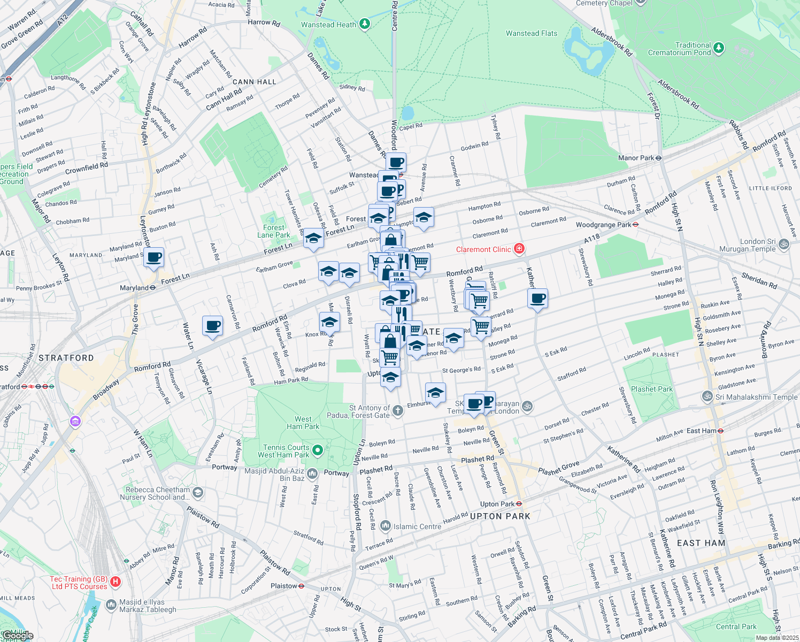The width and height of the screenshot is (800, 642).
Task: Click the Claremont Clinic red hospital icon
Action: (519, 249)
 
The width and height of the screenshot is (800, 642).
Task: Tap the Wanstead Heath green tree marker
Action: (365, 24)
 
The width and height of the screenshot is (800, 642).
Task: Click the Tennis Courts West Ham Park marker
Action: (318, 450)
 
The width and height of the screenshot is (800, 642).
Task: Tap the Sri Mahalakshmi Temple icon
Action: (707, 396)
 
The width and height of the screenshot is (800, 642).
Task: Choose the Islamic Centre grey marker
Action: (385, 526)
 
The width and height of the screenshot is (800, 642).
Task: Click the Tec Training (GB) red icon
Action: (115, 582)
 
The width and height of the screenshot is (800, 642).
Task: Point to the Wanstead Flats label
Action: (531, 33)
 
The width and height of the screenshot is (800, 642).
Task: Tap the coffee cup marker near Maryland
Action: (154, 257)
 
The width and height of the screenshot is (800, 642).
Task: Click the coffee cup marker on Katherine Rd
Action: (538, 299)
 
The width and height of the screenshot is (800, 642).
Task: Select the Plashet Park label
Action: (651, 389)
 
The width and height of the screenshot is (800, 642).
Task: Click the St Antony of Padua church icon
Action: (397, 410)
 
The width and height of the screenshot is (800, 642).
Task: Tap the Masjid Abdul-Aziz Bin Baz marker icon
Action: (313, 473)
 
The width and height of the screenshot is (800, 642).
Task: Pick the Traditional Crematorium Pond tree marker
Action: (719, 48)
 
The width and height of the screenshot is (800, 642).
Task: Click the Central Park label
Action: (736, 626)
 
